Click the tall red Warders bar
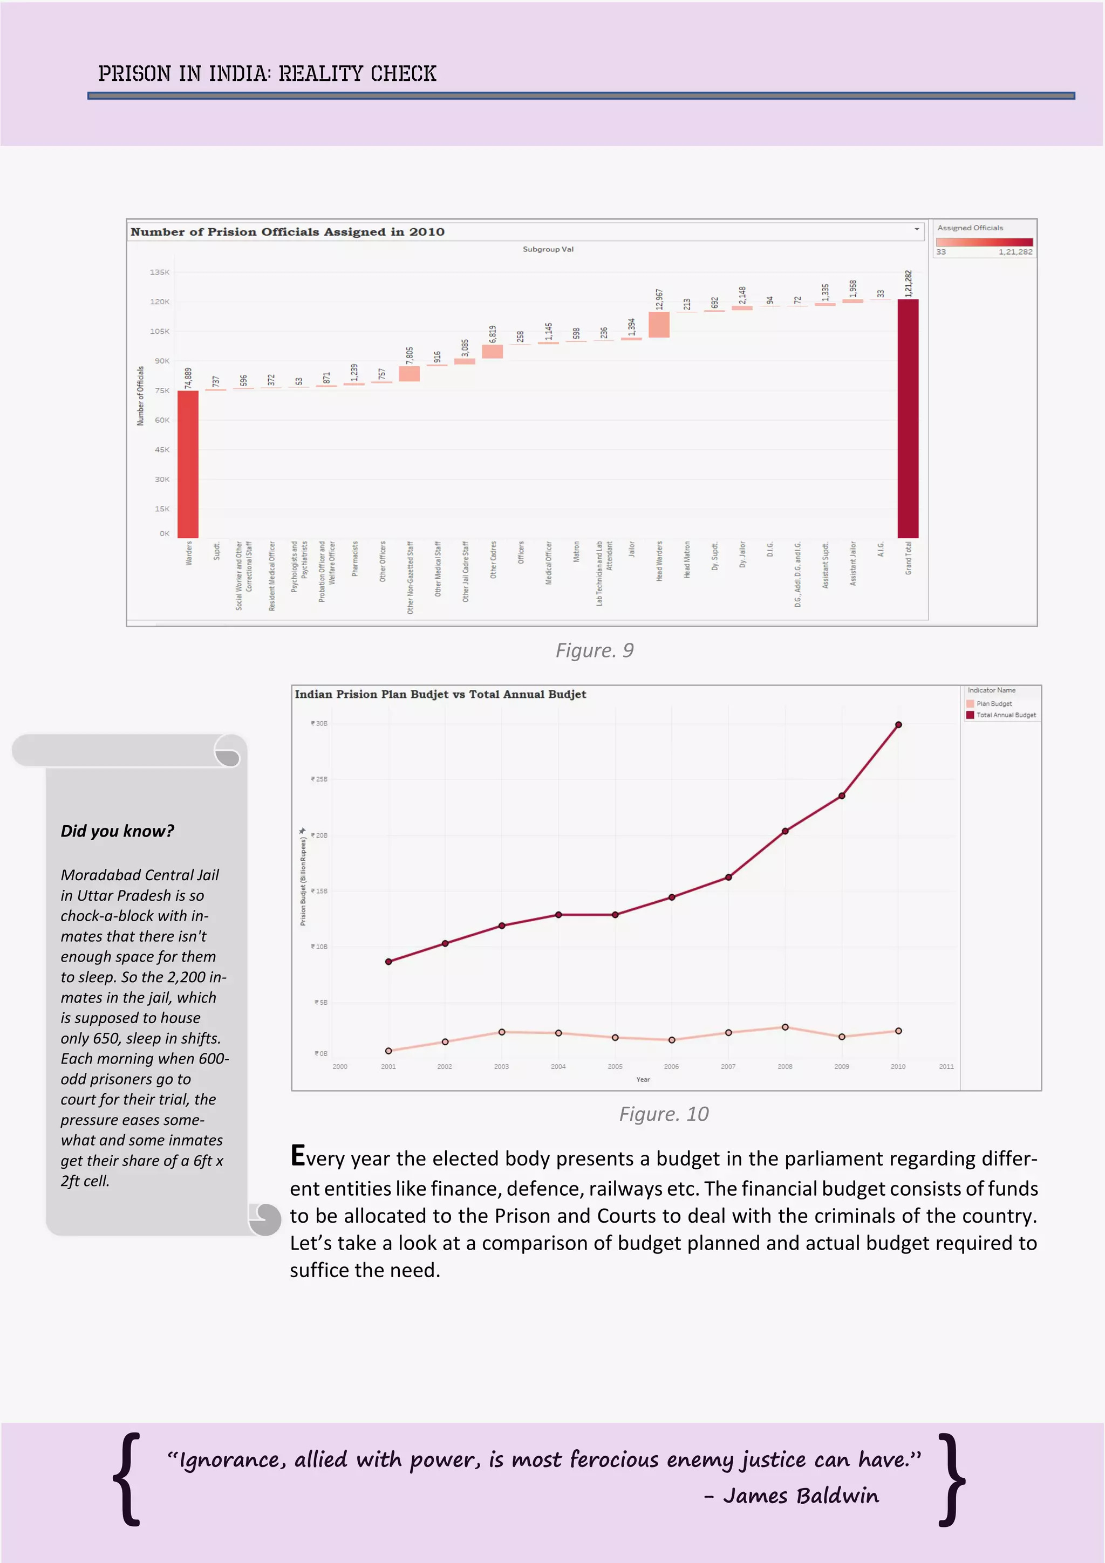(188, 464)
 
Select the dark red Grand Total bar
(908, 418)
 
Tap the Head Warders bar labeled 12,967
(659, 325)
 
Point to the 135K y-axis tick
(160, 272)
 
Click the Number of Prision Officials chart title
(288, 232)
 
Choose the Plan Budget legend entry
(993, 704)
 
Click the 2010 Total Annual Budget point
(898, 725)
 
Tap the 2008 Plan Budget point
(785, 1027)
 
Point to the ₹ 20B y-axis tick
(319, 835)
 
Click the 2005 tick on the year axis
(615, 1067)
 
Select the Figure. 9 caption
(595, 651)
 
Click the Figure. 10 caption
(664, 1114)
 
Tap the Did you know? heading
(117, 831)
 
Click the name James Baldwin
(801, 1496)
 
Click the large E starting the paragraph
(297, 1156)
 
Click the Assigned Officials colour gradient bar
(984, 242)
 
